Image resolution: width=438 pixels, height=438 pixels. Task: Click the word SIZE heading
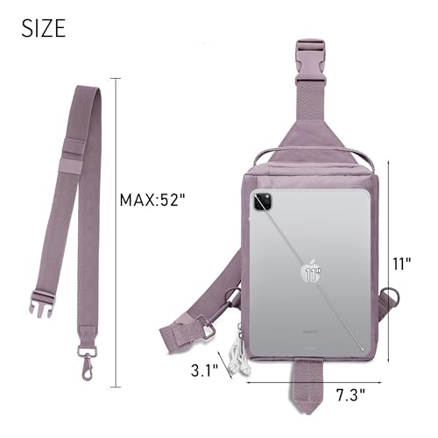pos(44,28)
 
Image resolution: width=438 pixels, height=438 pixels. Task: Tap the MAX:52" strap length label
pos(152,201)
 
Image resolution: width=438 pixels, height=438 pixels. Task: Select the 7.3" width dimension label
pos(351,395)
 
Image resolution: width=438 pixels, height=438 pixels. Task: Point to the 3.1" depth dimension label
pos(205,371)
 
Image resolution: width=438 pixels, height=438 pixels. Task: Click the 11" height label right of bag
pos(401,264)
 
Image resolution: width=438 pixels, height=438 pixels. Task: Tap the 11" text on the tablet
pos(313,274)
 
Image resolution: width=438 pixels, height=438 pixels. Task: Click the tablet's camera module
pos(263,201)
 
